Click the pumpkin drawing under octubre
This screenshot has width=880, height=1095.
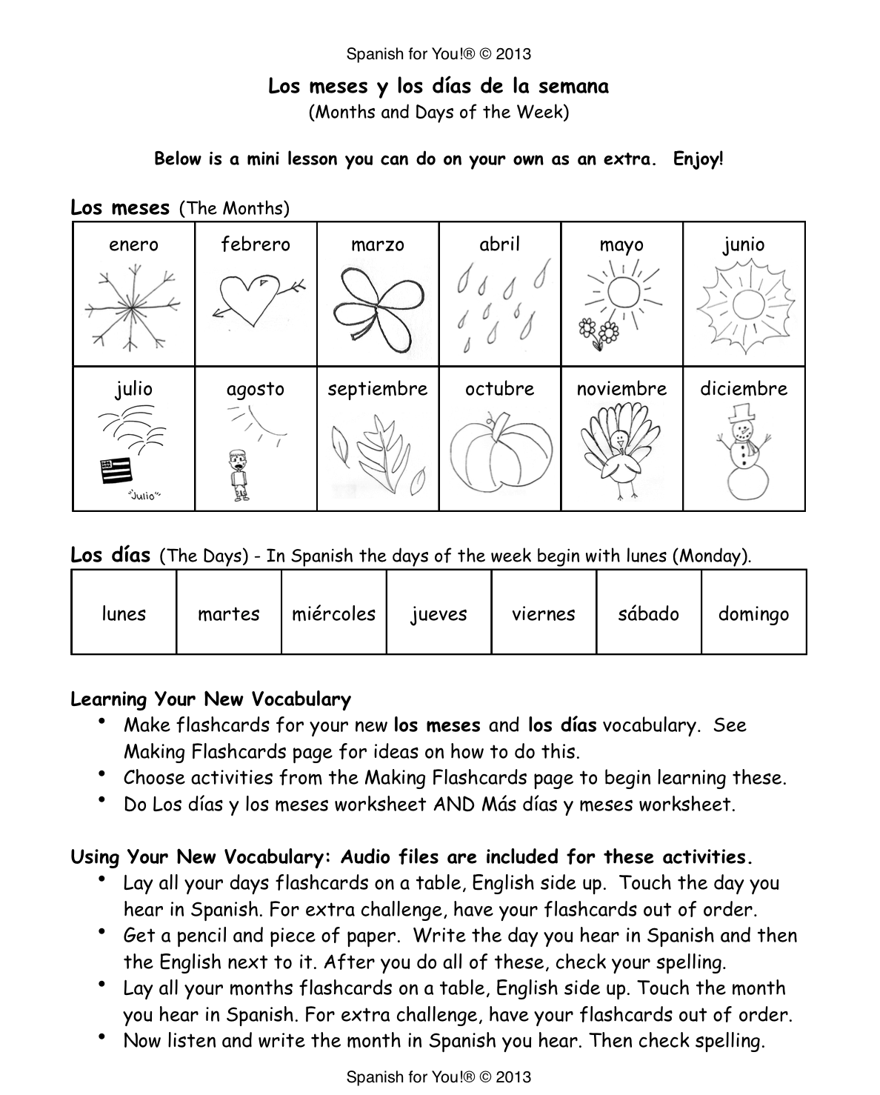tap(500, 456)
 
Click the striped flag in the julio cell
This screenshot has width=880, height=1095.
tap(116, 471)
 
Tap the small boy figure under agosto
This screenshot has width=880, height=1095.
tap(239, 473)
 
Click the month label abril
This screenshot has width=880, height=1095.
tap(499, 244)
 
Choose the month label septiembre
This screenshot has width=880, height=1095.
tap(378, 389)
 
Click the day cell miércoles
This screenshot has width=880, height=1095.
tap(334, 613)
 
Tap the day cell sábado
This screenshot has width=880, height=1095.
tap(648, 613)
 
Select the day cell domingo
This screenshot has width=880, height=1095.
tap(753, 613)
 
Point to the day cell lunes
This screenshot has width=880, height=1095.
tap(124, 613)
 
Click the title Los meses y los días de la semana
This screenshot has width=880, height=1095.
tap(439, 87)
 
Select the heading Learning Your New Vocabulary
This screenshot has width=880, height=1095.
tap(210, 699)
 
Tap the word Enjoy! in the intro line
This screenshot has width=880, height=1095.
tap(698, 159)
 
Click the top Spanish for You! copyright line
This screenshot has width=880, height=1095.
tap(439, 54)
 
